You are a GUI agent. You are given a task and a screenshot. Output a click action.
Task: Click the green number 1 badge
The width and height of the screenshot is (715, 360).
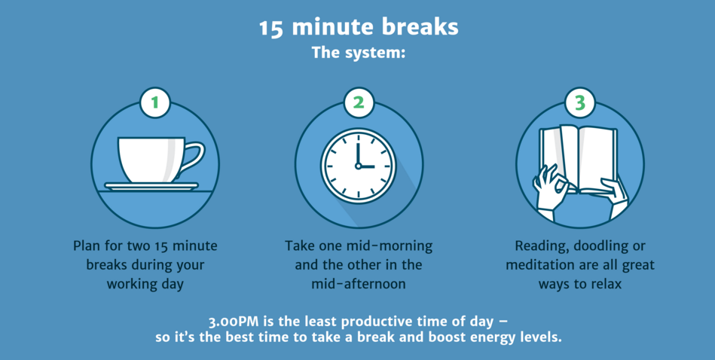coord(155,103)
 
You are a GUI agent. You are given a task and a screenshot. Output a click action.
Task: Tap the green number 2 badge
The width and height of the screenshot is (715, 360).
coord(359,103)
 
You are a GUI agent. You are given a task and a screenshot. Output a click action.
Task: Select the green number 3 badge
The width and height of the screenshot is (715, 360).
coord(579,103)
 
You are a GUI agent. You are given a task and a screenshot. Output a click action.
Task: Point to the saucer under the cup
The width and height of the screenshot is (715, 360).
coord(151,186)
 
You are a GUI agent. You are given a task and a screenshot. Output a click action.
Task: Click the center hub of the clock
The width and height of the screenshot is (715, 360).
coord(359,166)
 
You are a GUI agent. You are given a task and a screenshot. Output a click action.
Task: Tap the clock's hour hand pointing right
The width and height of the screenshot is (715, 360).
coord(367,166)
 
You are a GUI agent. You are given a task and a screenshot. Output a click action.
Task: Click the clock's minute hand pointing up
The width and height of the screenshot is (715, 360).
coord(359,155)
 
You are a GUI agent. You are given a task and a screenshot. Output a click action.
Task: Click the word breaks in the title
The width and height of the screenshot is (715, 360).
coord(420,27)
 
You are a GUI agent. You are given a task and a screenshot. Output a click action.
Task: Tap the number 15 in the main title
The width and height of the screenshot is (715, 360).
coord(272,29)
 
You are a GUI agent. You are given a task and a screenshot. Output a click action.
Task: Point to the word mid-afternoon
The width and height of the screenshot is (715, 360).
coord(359,284)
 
